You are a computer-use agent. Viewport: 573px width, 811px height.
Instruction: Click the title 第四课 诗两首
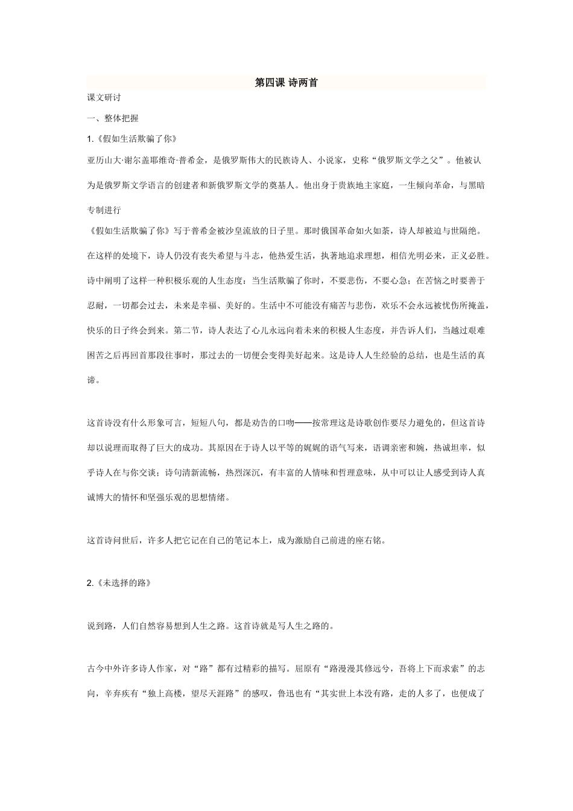pos(286,83)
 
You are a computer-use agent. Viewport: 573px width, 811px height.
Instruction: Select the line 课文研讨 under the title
pos(104,98)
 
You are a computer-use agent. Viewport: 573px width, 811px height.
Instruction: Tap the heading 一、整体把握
pos(113,118)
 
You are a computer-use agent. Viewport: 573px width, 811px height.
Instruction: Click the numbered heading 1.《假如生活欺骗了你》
pos(131,139)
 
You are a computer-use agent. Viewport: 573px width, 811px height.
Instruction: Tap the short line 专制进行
pos(104,210)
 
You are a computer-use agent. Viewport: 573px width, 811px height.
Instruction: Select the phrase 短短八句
pos(208,423)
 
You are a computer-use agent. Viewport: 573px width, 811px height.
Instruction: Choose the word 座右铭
pos(369,541)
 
